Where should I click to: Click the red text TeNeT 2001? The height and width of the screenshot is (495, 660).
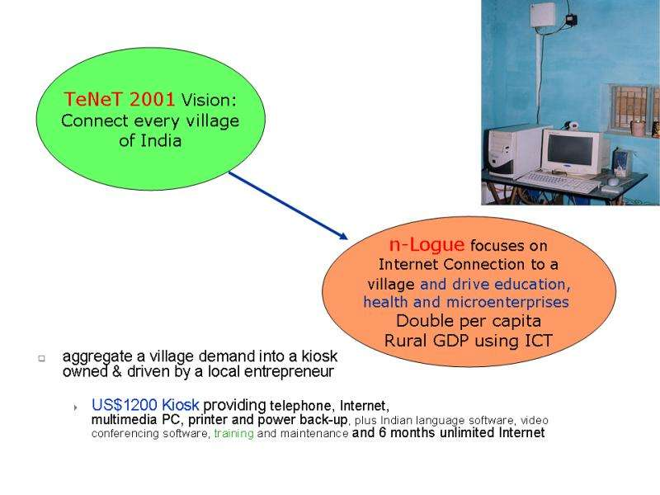pyautogui.click(x=119, y=99)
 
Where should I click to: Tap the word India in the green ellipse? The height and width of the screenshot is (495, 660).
pyautogui.click(x=161, y=140)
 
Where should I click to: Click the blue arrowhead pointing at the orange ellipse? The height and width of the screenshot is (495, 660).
pyautogui.click(x=342, y=235)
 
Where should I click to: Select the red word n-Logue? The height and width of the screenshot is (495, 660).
pyautogui.click(x=427, y=244)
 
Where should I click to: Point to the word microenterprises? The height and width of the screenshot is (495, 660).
pyautogui.click(x=507, y=302)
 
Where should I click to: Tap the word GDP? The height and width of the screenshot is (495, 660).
pyautogui.click(x=450, y=340)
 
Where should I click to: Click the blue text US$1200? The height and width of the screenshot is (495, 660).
pyautogui.click(x=125, y=405)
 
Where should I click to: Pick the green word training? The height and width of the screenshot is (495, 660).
pyautogui.click(x=233, y=433)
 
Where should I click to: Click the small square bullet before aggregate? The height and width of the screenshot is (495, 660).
pyautogui.click(x=42, y=359)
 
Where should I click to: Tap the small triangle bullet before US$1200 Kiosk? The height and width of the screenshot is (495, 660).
pyautogui.click(x=75, y=408)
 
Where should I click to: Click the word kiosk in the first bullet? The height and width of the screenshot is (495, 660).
pyautogui.click(x=319, y=356)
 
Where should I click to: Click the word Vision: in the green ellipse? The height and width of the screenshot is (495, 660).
pyautogui.click(x=209, y=100)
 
